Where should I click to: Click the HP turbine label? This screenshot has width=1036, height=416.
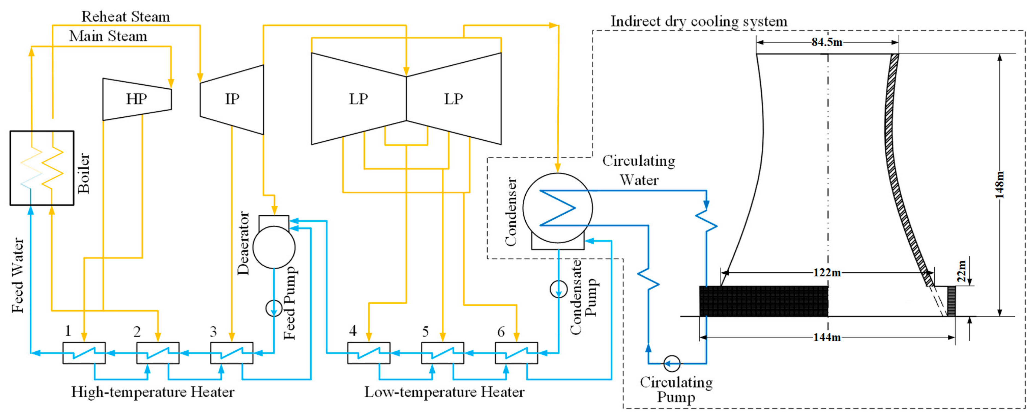pos(136,99)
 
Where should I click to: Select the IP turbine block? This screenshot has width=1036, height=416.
pos(232,99)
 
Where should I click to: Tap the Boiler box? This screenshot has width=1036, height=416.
pos(42,168)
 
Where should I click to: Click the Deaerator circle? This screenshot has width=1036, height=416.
pos(274,247)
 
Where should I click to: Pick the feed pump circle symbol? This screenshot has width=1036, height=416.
pos(274,308)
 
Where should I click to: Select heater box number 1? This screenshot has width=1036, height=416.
pos(84,353)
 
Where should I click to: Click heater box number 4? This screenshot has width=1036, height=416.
pos(369,353)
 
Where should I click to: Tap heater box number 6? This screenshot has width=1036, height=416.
pos(516,353)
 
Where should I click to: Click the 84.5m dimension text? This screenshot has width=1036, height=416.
pos(827,42)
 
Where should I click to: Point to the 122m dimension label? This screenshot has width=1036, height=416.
pos(827,273)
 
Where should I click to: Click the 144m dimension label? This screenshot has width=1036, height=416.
pos(827,337)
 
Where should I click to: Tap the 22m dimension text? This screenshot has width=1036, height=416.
pos(961,271)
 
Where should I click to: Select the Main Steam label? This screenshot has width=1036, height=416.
pos(108,36)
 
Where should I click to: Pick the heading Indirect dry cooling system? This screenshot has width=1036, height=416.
pos(699,21)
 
